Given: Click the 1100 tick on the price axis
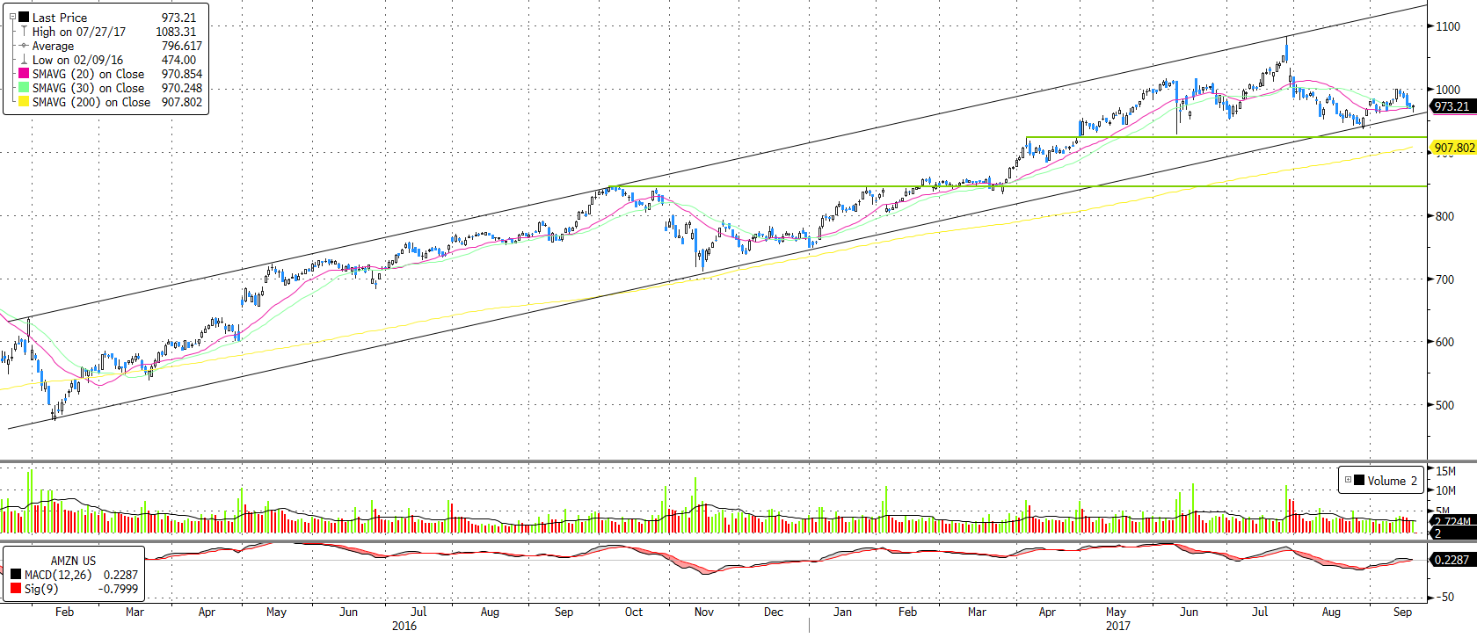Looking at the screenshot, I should [x=1447, y=26].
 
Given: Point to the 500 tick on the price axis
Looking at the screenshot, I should [x=1444, y=406].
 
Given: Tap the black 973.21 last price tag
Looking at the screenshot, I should [x=1452, y=106].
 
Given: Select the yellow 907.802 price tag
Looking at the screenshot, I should [x=1454, y=149].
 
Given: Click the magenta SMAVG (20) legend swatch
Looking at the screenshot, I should [x=24, y=74].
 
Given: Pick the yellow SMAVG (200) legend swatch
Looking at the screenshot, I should [x=24, y=102].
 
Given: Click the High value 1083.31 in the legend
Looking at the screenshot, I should [x=176, y=32].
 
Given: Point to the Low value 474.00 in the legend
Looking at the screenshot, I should [x=178, y=60].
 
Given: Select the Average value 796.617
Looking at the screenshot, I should [x=181, y=46].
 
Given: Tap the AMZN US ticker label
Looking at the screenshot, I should [x=73, y=561].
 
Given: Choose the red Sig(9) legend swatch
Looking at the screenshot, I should [x=16, y=588].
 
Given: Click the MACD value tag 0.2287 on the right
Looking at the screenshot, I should [x=1451, y=560].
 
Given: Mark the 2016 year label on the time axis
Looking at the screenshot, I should [x=404, y=626].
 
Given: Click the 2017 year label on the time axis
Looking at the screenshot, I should [x=1117, y=626].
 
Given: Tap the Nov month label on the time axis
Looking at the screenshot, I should [x=704, y=612].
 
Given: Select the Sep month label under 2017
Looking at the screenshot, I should [x=1402, y=612].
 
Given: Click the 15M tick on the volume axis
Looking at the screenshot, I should [x=1445, y=472].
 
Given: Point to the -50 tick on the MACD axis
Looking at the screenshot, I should [x=1444, y=597].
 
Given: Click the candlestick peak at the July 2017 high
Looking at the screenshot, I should [x=1287, y=38].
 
